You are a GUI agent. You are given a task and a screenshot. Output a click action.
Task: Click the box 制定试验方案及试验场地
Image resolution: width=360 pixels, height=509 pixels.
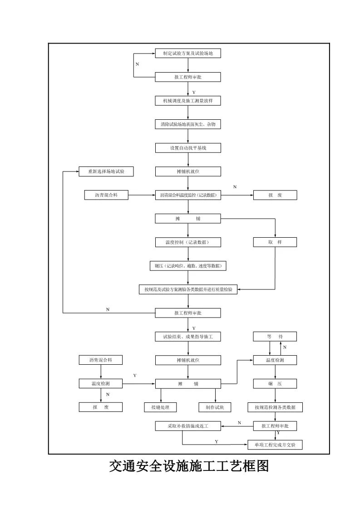(188, 54)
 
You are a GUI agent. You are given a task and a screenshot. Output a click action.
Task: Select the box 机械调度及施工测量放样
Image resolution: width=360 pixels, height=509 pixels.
(188, 101)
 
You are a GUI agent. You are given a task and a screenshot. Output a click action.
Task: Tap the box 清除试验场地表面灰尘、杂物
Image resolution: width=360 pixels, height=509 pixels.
(188, 124)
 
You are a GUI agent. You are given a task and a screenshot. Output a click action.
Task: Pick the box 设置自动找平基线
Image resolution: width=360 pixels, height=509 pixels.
(188, 148)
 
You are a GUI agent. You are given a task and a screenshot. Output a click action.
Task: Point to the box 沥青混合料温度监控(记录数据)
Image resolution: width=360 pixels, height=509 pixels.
(188, 195)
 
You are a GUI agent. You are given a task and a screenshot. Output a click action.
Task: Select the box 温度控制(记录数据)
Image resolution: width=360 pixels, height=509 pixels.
(188, 242)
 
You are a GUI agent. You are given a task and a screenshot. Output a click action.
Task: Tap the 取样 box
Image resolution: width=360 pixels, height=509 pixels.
(275, 242)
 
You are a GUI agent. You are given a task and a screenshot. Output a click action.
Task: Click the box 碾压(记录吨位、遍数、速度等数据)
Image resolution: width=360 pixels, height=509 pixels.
(188, 266)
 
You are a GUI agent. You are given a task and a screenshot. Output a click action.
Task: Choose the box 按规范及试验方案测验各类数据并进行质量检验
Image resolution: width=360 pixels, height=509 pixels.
(188, 289)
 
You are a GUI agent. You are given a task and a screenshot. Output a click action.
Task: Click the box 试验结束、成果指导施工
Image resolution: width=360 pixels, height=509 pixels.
(188, 337)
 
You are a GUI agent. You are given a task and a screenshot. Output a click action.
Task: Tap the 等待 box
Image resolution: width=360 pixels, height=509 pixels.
(275, 337)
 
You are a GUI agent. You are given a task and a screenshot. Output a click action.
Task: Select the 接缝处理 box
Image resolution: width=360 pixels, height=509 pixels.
(157, 407)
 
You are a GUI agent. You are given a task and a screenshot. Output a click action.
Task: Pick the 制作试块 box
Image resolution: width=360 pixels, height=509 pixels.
(215, 407)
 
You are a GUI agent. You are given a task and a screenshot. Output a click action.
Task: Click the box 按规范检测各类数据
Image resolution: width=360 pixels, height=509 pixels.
(275, 407)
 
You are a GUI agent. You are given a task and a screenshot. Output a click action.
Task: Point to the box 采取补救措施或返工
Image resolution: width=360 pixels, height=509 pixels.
(188, 426)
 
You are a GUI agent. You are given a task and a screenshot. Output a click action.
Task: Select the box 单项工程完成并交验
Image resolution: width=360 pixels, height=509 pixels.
(275, 445)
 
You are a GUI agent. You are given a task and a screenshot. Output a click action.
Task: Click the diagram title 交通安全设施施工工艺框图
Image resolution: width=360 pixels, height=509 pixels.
(189, 466)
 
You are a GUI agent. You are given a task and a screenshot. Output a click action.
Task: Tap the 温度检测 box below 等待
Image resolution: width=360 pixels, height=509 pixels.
(275, 360)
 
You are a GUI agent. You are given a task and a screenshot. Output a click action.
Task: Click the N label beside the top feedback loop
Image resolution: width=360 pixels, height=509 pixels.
(137, 64)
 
